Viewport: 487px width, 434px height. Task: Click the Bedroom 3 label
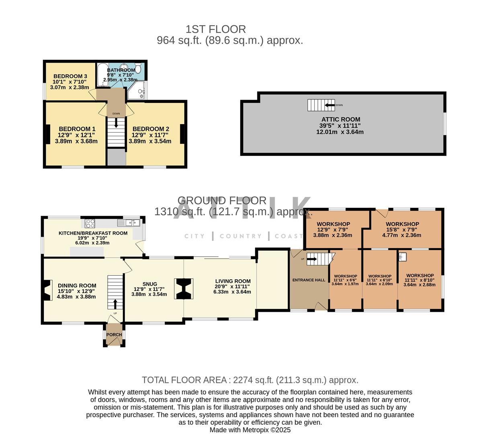point(70,76)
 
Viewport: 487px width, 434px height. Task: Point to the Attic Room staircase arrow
point(330,105)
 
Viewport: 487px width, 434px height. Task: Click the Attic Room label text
point(340,119)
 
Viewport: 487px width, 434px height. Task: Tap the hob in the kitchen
point(90,223)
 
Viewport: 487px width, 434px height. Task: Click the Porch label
point(114,335)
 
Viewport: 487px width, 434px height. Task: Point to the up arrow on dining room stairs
point(116,304)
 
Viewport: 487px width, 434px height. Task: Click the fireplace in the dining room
point(47,290)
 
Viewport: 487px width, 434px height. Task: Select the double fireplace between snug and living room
point(184,289)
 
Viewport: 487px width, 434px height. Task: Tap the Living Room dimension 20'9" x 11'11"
point(233,287)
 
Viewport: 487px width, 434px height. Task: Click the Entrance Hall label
point(309,280)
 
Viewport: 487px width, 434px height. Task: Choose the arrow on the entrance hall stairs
point(312,259)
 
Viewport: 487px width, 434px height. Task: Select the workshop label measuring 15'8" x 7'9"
point(402,224)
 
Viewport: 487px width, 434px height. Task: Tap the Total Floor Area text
point(250,380)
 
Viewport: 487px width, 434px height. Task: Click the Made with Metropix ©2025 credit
point(250,430)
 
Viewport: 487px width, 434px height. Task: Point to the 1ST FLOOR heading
point(216,29)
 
